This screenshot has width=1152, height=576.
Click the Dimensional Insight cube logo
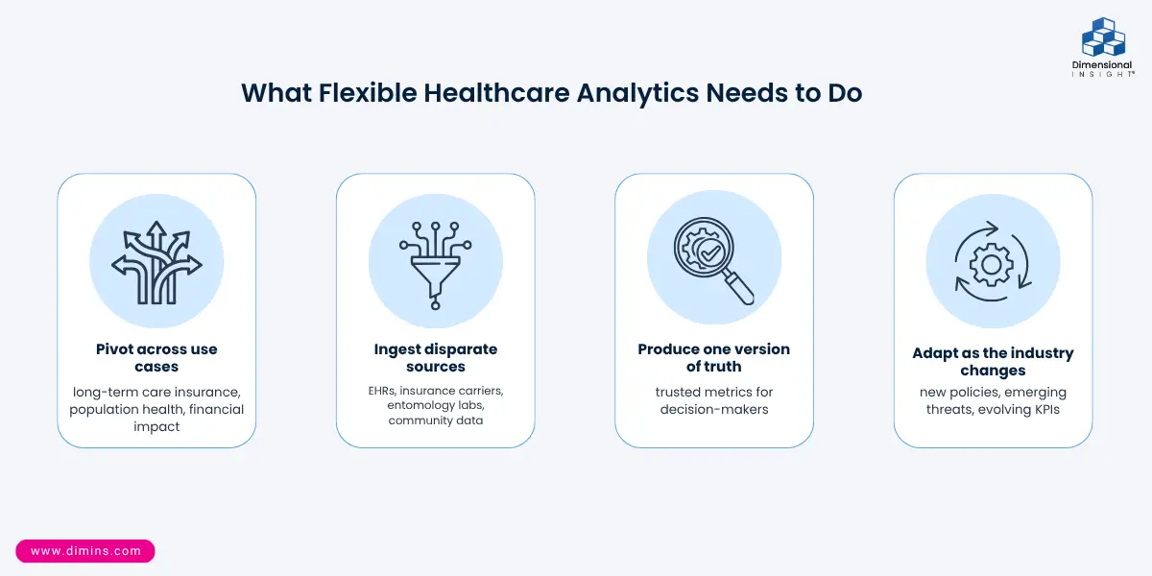pyautogui.click(x=1103, y=37)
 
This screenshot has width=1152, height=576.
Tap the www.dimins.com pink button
pyautogui.click(x=85, y=551)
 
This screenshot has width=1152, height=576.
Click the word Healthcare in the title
pyautogui.click(x=496, y=93)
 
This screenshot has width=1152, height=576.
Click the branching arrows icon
pyautogui.click(x=156, y=262)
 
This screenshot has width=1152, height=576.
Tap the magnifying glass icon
pyautogui.click(x=714, y=260)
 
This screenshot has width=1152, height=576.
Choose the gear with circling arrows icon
pyautogui.click(x=993, y=262)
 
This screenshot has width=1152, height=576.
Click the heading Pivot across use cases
pyautogui.click(x=156, y=357)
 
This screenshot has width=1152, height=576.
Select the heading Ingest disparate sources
pyautogui.click(x=436, y=357)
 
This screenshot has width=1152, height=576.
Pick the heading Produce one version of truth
pyautogui.click(x=714, y=357)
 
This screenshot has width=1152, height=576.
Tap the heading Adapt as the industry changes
pyautogui.click(x=993, y=362)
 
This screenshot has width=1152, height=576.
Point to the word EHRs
pyautogui.click(x=382, y=391)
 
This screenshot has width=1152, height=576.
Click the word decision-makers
pyautogui.click(x=714, y=409)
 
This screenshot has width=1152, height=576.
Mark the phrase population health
pyautogui.click(x=127, y=409)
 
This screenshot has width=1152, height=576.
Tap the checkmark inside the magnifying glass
pyautogui.click(x=711, y=252)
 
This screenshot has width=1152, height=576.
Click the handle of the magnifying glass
pyautogui.click(x=741, y=289)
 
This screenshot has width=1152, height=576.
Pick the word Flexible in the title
pyautogui.click(x=368, y=93)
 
